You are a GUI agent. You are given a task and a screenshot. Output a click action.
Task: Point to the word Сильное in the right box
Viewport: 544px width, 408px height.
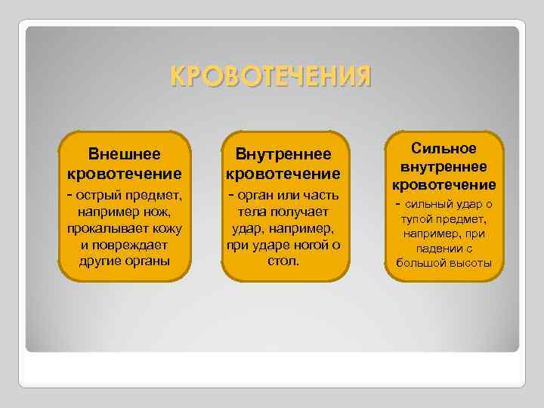click(444, 149)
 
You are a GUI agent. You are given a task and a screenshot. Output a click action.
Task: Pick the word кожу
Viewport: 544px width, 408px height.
click(165, 228)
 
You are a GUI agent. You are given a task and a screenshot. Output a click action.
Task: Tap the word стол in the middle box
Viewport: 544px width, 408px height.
click(283, 261)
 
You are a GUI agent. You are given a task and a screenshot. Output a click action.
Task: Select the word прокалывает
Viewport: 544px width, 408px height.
click(98, 228)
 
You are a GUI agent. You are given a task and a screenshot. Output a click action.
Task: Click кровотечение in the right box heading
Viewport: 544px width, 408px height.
click(444, 185)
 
